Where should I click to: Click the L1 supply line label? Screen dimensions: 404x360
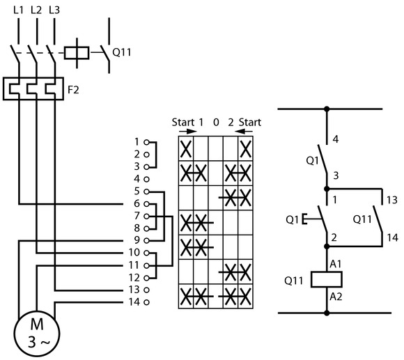point(18,10)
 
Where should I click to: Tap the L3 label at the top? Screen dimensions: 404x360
point(54,10)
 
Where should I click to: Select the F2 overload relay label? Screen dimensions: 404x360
point(73,90)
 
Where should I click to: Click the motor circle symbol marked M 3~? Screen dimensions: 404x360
point(37,334)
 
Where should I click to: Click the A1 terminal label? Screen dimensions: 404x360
point(336,264)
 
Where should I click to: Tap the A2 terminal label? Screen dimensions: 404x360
point(336,297)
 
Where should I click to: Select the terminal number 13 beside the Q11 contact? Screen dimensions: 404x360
point(392,200)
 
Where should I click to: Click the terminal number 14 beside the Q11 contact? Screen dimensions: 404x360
point(392,237)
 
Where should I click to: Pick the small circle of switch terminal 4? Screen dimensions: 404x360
point(146,179)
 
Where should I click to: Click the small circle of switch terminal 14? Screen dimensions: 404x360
point(146,302)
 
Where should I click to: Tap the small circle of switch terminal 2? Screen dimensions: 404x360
point(146,155)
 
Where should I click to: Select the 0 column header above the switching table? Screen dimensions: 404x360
point(216,123)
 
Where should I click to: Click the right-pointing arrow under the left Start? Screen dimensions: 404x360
point(188,132)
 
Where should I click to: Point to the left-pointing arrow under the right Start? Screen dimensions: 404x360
point(244,132)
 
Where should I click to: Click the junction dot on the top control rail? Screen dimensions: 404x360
point(327,109)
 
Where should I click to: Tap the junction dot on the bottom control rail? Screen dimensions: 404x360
point(327,313)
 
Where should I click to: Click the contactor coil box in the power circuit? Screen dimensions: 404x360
point(77,53)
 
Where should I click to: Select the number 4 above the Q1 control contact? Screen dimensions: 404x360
point(336,139)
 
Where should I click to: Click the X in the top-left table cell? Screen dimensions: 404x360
point(186,149)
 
